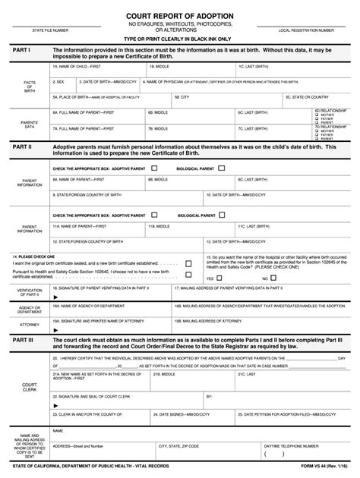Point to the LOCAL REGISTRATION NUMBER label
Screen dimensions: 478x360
[x=306, y=30]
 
